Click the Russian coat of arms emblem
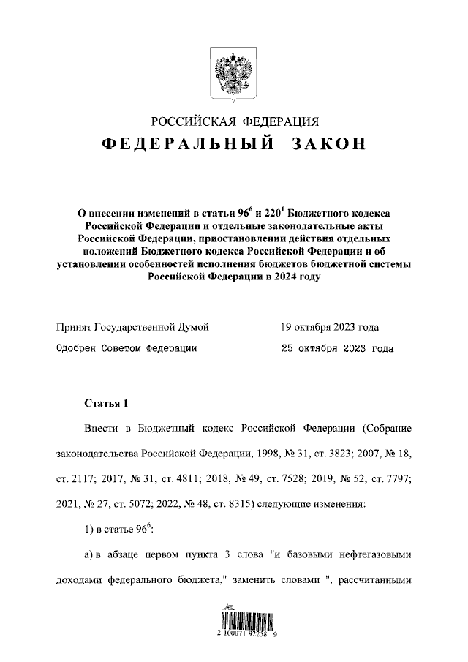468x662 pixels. pos(233,73)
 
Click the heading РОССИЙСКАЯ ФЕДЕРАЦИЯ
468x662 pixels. pos(234,121)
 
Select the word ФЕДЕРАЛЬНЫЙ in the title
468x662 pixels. pos(187,144)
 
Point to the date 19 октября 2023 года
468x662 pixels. pos(330,326)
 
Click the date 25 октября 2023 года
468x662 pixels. pos(337,348)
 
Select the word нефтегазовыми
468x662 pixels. pos(375,554)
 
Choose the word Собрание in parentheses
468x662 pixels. pos(385,428)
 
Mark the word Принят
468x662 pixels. pos(74,326)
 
